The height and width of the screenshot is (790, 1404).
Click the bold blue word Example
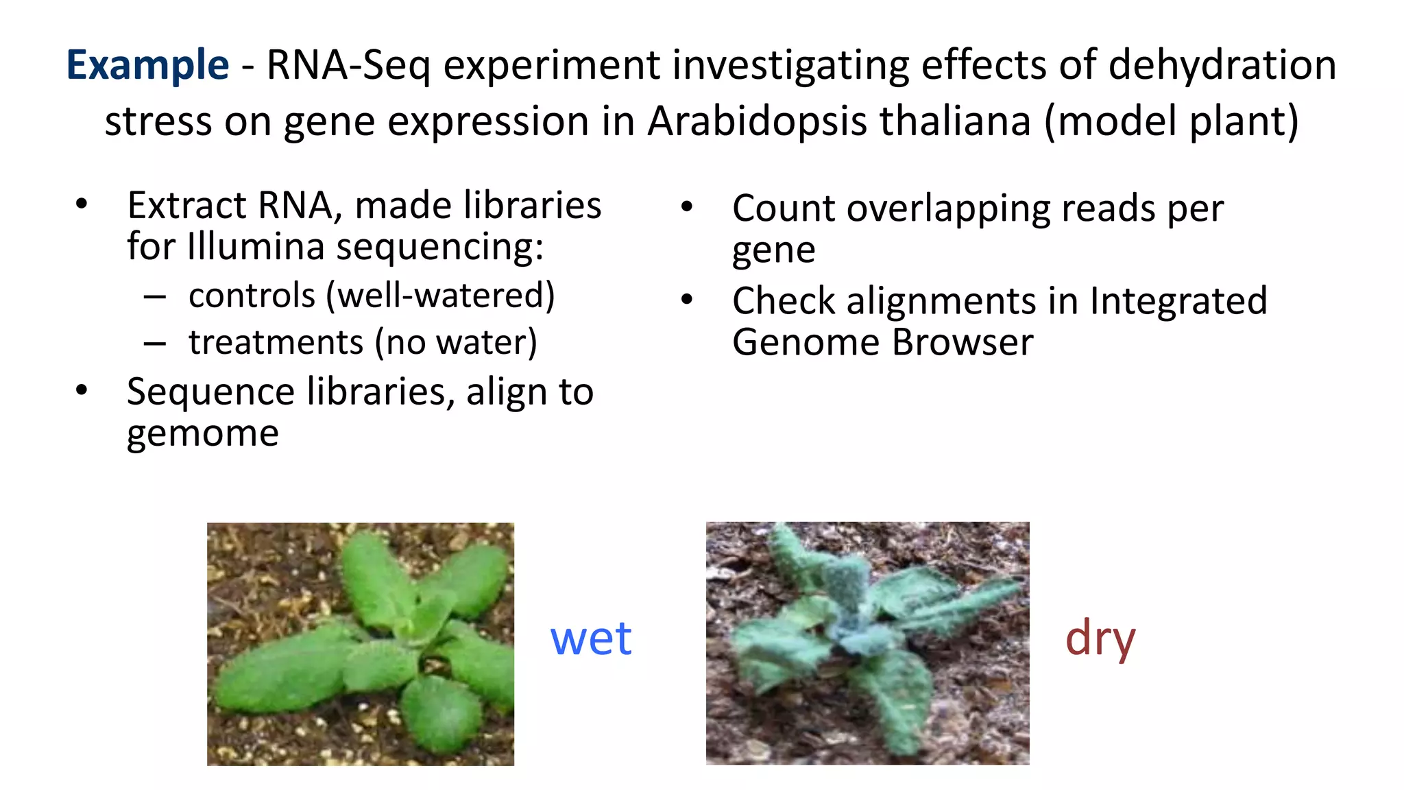click(147, 66)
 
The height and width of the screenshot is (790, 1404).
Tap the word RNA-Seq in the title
click(348, 66)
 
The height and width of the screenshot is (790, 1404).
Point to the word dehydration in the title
click(1222, 66)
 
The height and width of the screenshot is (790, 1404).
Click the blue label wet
click(591, 638)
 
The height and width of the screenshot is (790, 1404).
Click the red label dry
click(1100, 638)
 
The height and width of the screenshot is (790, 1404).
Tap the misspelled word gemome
click(203, 434)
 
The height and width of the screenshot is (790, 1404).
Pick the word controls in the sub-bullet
click(252, 296)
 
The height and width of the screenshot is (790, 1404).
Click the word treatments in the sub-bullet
click(276, 342)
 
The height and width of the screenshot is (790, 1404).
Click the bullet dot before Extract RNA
click(82, 204)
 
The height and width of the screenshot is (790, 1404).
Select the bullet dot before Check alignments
click(687, 300)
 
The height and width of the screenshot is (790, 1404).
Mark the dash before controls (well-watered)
click(155, 297)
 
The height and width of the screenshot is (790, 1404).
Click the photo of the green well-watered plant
click(361, 644)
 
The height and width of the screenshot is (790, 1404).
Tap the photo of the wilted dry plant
click(867, 643)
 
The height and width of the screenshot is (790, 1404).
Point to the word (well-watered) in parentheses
click(440, 296)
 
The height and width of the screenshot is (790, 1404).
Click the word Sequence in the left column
click(211, 392)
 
